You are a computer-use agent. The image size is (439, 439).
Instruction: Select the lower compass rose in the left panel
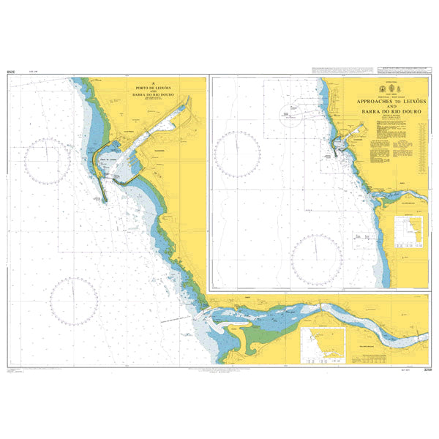(74, 301)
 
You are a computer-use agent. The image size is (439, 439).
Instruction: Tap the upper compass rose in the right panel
(239, 153)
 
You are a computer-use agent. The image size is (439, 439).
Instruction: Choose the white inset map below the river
(323, 345)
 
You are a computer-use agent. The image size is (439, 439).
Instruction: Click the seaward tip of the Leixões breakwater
(104, 200)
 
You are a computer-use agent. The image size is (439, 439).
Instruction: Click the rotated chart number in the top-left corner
(10, 72)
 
